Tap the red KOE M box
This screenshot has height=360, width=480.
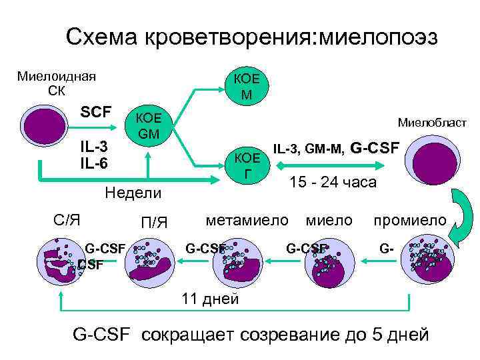(x=247, y=87)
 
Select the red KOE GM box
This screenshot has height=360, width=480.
(x=149, y=127)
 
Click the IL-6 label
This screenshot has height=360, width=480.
(x=94, y=162)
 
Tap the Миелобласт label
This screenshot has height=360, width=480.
(x=432, y=123)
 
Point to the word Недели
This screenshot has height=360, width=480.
(x=134, y=193)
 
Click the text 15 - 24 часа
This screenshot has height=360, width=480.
(x=333, y=182)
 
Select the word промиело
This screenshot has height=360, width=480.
(x=410, y=219)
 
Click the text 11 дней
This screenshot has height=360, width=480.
(x=210, y=298)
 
